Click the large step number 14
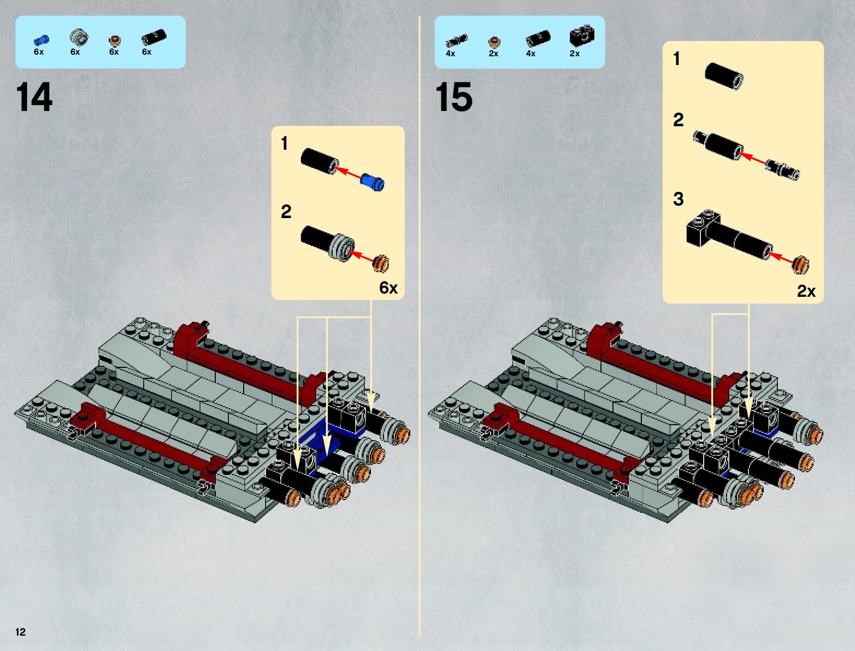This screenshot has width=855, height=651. coord(34,97)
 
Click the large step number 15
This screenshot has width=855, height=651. coord(454,97)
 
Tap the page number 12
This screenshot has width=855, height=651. coord(21,632)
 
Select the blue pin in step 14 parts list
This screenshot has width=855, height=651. coord(42,40)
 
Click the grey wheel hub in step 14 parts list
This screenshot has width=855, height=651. coord(79,37)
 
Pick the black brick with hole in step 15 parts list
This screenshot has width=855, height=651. coord(582,36)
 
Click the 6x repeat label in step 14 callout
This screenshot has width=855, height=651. coord(388,288)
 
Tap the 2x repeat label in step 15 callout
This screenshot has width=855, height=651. coord(806,291)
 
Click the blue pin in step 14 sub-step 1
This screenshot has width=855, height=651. coord(373,183)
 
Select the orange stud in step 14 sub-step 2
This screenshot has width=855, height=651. coord(381,264)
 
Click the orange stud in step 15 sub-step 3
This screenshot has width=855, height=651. coord(801,265)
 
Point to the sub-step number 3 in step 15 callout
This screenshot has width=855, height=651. coord(678,199)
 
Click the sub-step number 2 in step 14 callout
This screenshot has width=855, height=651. coord(286,212)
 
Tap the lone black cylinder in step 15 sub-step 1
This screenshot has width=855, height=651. coord(724,77)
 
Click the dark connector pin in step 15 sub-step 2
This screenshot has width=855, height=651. coord(782,170)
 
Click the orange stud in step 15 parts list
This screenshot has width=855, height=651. coord(494,42)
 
